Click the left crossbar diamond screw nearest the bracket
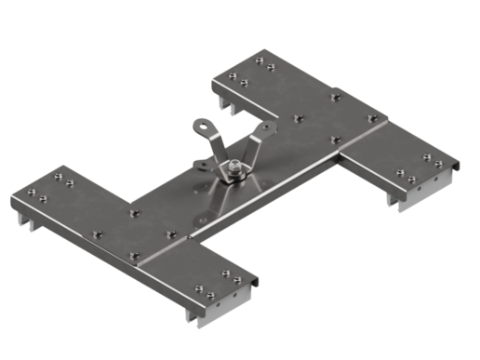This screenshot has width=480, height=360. click(169, 234)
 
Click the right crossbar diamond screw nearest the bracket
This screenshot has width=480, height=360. click(298, 118)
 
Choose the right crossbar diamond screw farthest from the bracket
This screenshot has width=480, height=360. click(372, 118)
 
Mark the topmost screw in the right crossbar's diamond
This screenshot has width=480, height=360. click(335, 94)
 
